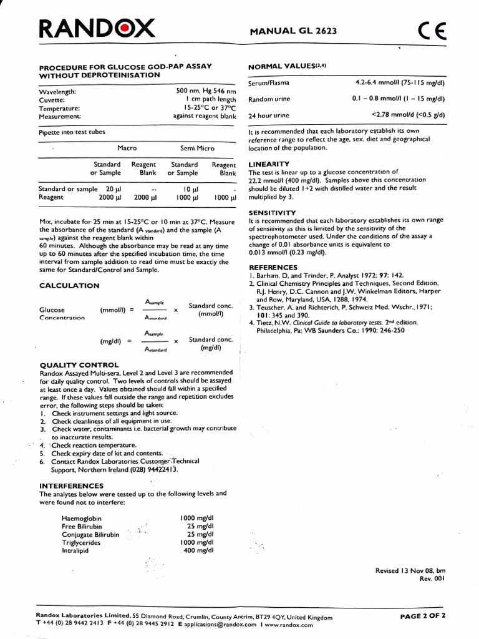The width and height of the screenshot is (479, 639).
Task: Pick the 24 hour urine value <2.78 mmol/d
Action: point(409,115)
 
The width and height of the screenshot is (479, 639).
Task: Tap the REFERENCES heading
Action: point(273,267)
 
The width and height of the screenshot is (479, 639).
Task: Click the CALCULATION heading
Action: point(69,285)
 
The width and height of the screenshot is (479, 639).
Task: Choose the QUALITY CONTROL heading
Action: point(79,364)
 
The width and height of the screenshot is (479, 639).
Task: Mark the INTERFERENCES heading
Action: point(71,485)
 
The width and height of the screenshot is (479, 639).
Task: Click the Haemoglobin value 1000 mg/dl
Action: point(196,519)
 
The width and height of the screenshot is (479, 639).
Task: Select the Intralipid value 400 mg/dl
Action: point(199,550)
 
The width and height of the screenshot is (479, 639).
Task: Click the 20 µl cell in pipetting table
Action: point(113,188)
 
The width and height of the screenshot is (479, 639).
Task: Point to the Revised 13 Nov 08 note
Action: point(410,570)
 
